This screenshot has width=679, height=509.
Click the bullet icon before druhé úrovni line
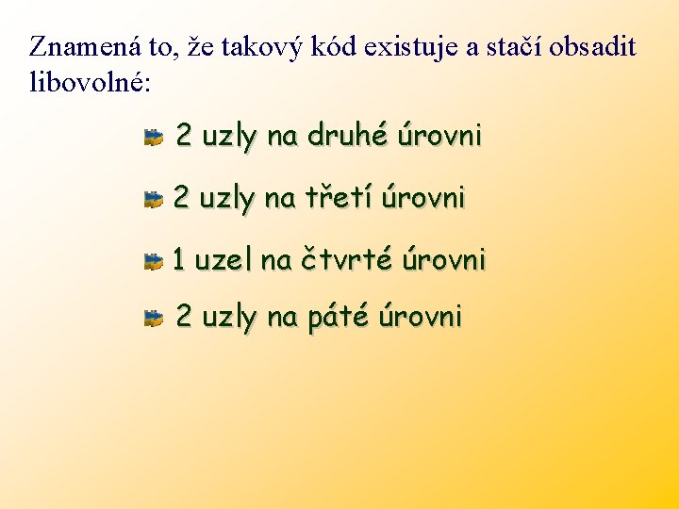154,139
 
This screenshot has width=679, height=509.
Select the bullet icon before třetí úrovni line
154,199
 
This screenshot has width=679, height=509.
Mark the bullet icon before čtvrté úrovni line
154,261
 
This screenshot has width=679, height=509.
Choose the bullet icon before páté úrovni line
154,320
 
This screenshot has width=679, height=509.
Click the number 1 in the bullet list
178,259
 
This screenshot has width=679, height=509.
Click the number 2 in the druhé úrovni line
184,137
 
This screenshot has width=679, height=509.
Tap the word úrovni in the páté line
420,318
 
